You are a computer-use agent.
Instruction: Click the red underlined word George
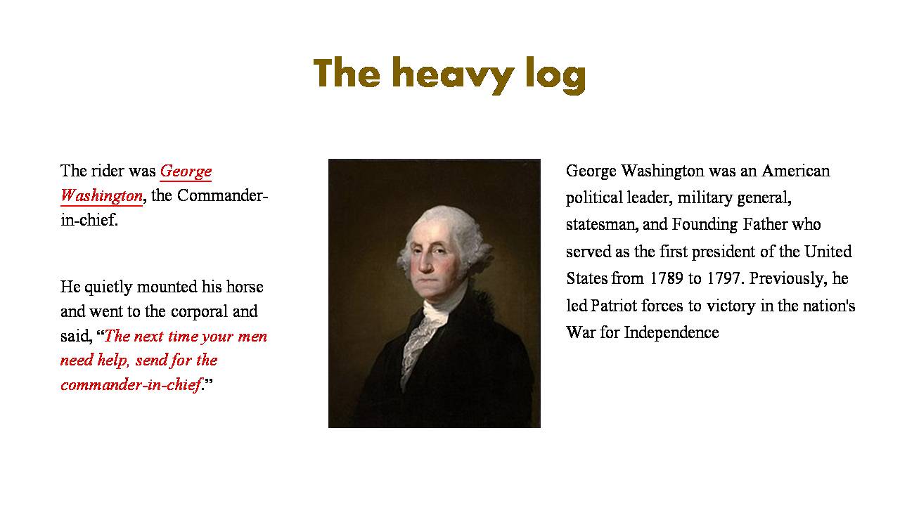[186, 172]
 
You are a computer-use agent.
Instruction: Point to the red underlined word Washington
[102, 196]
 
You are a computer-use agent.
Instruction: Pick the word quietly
[108, 287]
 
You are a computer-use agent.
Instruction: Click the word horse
[245, 287]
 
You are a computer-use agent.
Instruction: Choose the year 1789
[666, 278]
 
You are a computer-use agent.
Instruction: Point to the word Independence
[671, 333]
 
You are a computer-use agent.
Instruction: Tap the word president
[724, 252]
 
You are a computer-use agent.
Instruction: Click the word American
[795, 171]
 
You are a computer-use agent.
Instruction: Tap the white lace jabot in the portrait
[420, 342]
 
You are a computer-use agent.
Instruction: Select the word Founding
[705, 225]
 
